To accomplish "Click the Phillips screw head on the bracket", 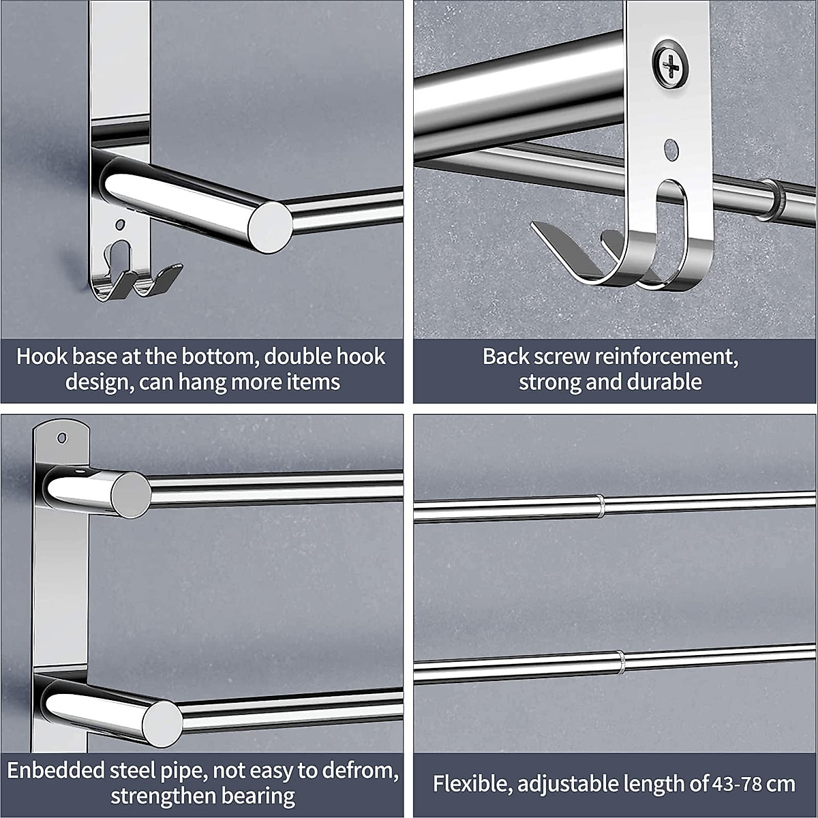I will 671,66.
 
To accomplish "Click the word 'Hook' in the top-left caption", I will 42,357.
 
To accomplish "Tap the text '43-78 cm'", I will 754,783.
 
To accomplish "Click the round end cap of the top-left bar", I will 269,226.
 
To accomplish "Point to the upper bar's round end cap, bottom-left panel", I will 130,494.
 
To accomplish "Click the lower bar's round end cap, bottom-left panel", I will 162,723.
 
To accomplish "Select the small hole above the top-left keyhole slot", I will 120,223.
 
